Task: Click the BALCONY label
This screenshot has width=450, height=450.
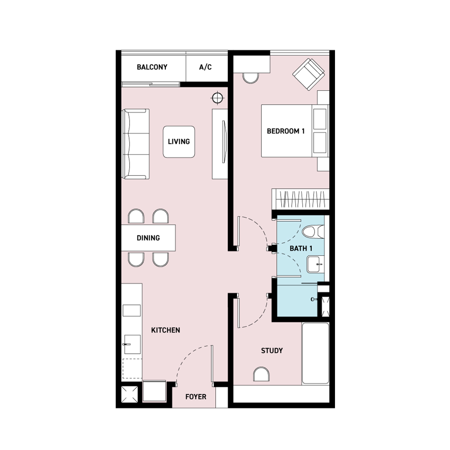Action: click(152, 67)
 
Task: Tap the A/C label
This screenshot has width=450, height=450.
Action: click(205, 67)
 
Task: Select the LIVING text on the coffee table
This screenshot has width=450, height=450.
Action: click(179, 142)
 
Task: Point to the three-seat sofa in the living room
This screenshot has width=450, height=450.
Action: click(136, 144)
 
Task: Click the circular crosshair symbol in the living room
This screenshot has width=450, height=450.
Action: click(217, 98)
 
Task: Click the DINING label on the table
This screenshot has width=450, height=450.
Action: click(148, 238)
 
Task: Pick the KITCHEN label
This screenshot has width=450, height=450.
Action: click(165, 330)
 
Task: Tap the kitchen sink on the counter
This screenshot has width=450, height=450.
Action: click(132, 345)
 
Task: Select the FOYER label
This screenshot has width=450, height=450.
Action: click(196, 397)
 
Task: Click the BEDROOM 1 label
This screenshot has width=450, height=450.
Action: click(285, 131)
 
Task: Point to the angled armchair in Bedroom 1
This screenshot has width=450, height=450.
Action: click(308, 74)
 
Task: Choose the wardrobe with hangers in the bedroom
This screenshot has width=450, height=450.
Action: click(300, 199)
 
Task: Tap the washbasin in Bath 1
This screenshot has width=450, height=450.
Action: click(315, 264)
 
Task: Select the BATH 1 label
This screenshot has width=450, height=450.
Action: click(301, 248)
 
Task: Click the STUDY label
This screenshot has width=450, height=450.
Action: click(272, 351)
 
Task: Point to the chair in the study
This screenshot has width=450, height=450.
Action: click(261, 374)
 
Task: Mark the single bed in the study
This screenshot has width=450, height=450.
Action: click(315, 353)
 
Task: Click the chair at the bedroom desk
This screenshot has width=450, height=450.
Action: click(251, 78)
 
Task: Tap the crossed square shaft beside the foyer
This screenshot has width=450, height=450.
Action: click(130, 395)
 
